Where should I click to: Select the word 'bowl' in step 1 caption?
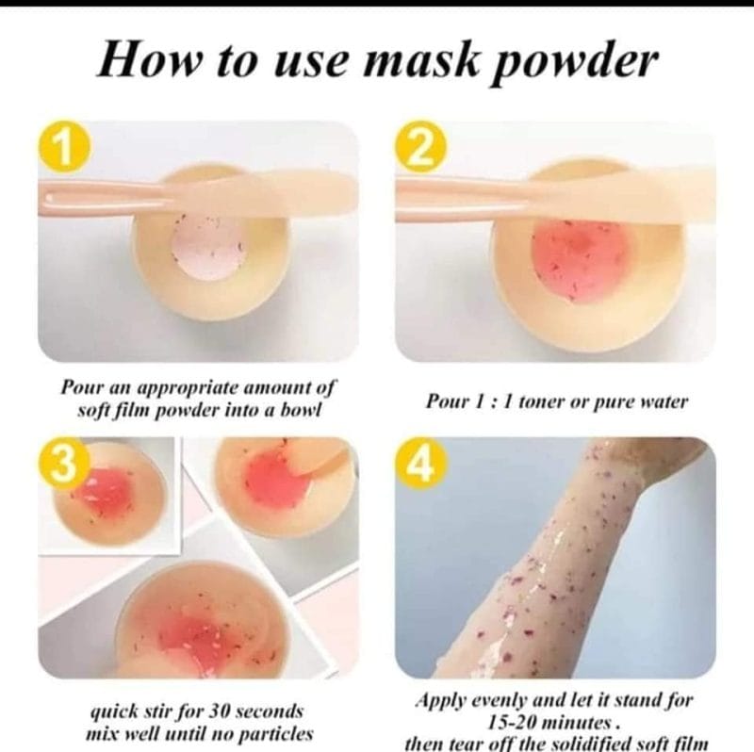295,411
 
